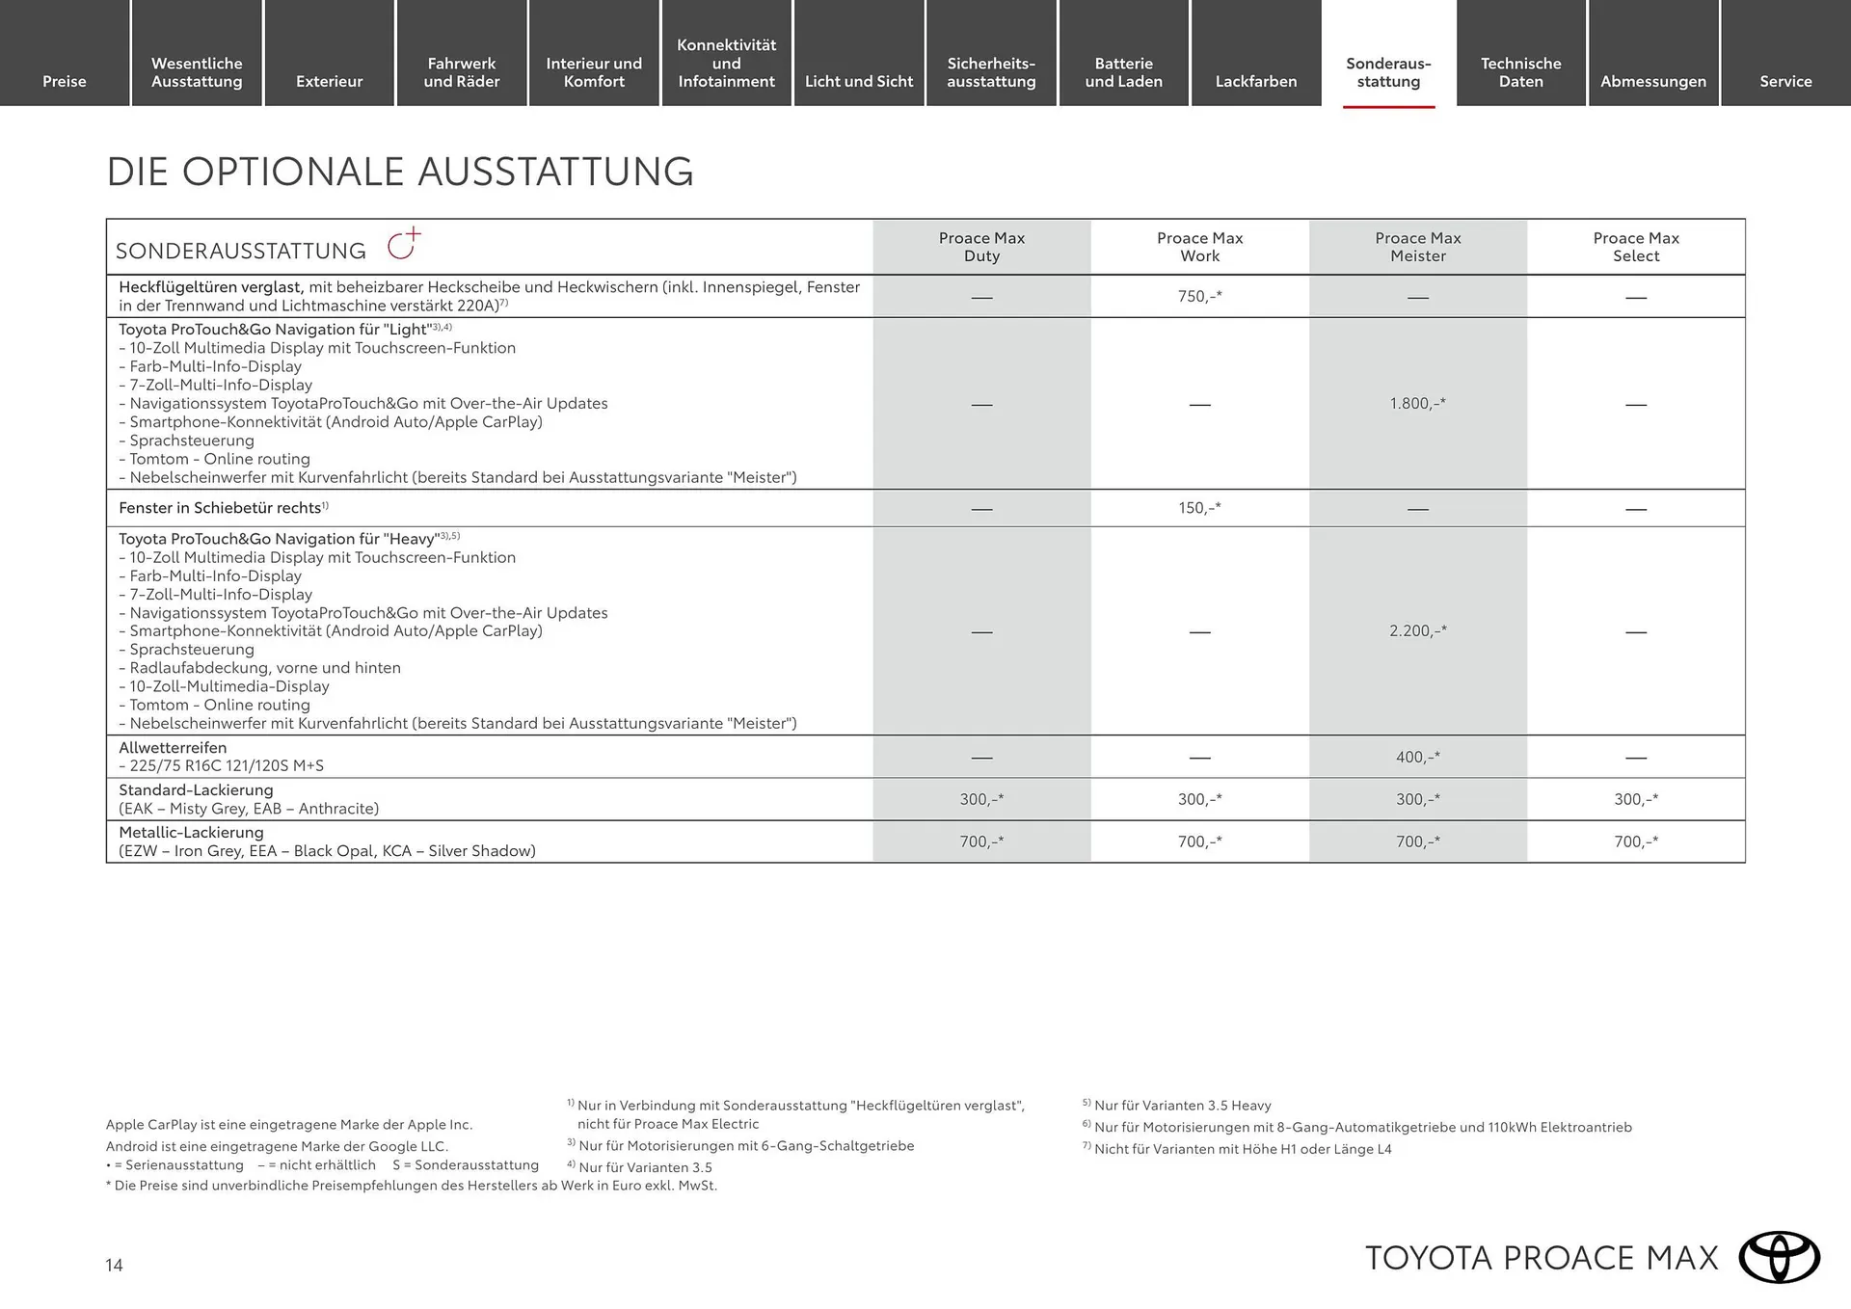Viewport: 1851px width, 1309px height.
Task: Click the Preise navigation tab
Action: coord(65,81)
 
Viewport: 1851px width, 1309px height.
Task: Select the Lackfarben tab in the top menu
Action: coord(1255,81)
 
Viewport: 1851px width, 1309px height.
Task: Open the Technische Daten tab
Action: coord(1520,72)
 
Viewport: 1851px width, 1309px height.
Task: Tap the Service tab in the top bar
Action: coord(1785,81)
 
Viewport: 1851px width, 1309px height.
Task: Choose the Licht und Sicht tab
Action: coord(859,81)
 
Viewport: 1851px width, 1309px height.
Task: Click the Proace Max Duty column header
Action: coord(981,247)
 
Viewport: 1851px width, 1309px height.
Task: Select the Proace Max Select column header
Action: coord(1636,247)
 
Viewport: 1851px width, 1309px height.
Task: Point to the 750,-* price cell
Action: coord(1199,296)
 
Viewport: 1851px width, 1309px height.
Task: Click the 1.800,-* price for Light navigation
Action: coord(1417,403)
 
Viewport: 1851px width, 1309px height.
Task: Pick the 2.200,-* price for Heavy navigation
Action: coord(1417,630)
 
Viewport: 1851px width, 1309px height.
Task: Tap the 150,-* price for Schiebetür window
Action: coord(1199,507)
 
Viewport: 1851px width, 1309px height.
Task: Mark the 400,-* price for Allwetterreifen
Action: coord(1417,757)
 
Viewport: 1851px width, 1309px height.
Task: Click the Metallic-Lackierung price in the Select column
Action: coord(1636,841)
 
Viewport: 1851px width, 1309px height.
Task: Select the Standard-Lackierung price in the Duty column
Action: coord(981,799)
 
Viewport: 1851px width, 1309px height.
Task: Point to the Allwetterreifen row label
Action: coord(173,748)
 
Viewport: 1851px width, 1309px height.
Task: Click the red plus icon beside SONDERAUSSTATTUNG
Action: coord(404,245)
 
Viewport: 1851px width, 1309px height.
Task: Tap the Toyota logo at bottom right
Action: coord(1779,1258)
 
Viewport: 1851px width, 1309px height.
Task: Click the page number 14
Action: coord(114,1266)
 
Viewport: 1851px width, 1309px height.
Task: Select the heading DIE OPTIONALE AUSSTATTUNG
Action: coord(399,172)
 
